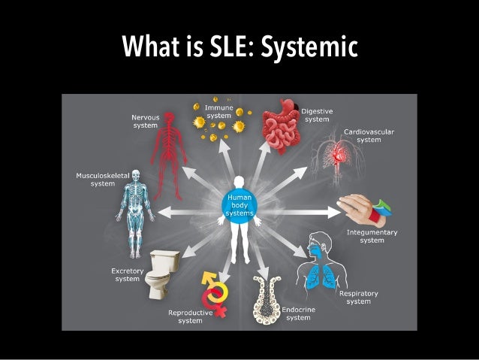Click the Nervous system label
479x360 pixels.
click(x=145, y=121)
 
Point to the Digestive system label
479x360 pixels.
click(x=316, y=115)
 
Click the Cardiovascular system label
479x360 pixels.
click(x=369, y=135)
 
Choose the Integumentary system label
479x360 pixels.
click(x=371, y=236)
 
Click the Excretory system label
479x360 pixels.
click(x=127, y=274)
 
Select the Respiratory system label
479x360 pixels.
click(x=358, y=297)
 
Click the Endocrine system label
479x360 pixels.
click(x=298, y=313)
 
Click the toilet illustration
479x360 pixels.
click(x=161, y=275)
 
